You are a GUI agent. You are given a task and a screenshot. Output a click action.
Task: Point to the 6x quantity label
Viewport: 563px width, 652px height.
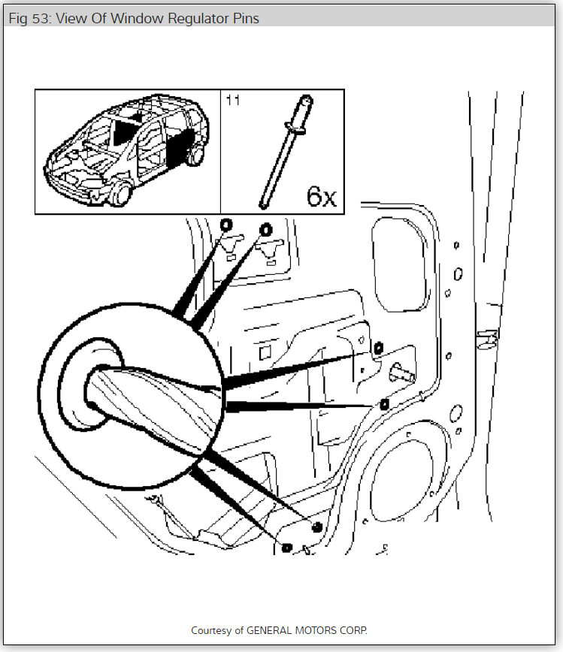coord(321,196)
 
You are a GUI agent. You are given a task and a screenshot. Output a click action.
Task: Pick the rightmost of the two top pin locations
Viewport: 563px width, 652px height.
coord(265,229)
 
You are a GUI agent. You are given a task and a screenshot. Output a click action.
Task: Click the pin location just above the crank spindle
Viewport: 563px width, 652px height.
coord(378,347)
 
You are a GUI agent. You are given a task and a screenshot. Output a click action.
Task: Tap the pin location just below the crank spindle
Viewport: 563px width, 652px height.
coord(384,404)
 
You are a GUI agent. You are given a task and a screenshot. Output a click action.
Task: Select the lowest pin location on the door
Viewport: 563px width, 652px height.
coord(286,546)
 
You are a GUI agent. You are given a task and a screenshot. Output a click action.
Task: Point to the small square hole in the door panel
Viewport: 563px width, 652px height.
coord(265,352)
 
